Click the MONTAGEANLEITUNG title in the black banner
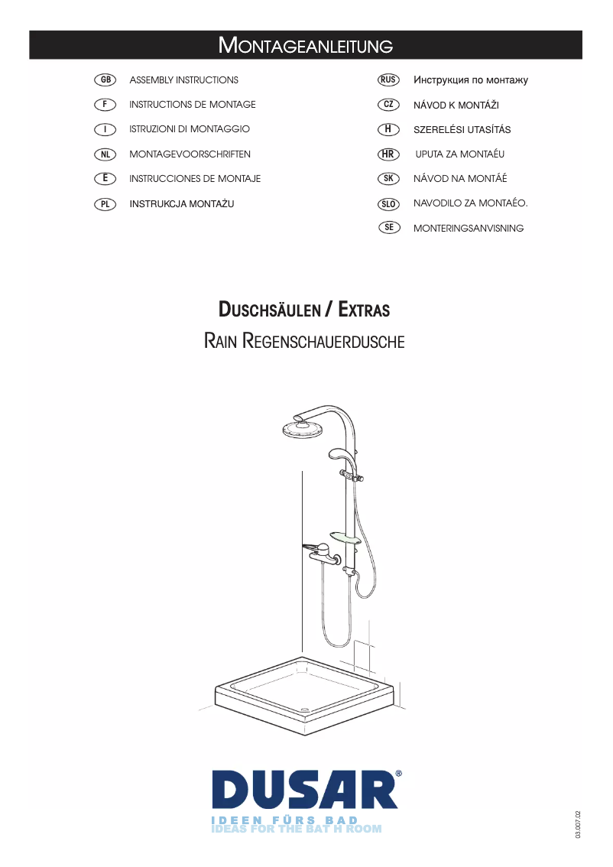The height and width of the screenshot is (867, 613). pos(306,45)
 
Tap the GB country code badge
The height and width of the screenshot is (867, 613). pos(105,80)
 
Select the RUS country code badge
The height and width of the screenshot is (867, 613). pos(388,80)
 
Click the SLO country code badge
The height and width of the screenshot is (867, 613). pos(388,203)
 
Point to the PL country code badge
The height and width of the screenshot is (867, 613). pos(105,204)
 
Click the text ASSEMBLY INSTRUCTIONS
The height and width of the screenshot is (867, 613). pos(184,80)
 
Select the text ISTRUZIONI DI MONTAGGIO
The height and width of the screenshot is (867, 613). pos(190,129)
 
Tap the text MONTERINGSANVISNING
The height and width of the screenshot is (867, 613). pos(469,229)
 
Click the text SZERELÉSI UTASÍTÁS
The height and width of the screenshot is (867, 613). pos(462,129)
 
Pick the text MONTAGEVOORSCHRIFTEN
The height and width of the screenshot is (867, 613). pos(190,154)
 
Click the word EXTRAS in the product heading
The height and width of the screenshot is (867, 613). pos(364,310)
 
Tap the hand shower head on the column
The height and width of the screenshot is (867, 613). pos(338,454)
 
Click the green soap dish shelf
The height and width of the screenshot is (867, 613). pos(345,537)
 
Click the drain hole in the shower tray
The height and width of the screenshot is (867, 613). pos(303,708)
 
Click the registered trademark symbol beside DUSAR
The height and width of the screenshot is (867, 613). pos(398,774)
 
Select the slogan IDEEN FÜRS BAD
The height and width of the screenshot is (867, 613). pos(284,820)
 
